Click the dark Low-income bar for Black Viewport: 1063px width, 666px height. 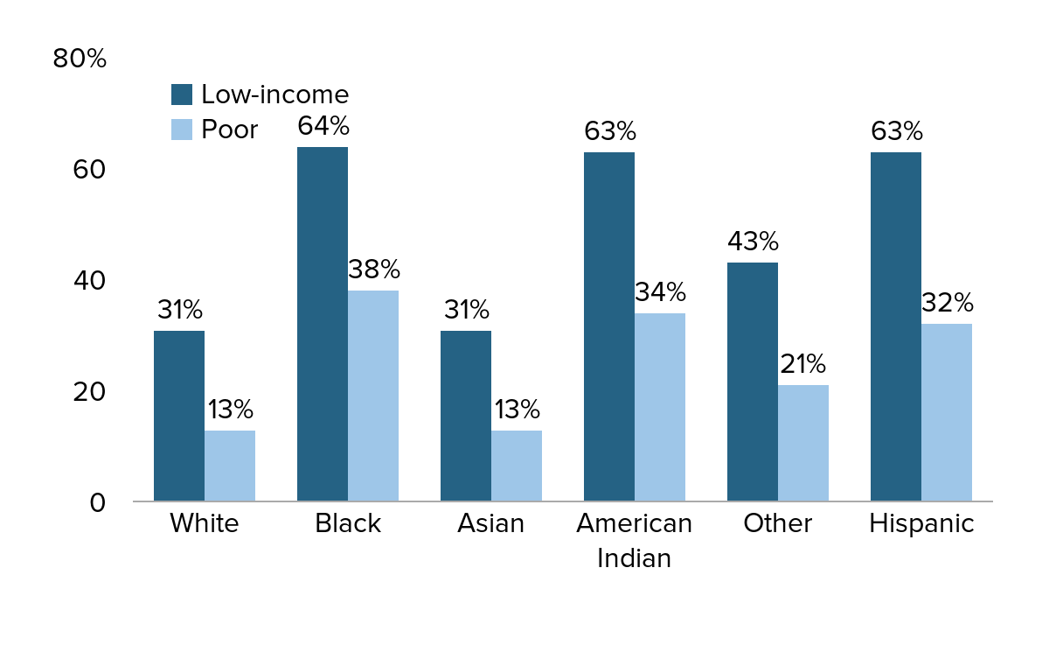[x=322, y=324]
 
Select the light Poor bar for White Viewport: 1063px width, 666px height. [x=230, y=466]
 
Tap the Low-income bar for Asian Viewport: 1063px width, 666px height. [x=465, y=416]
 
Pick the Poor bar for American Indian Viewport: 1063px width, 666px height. [x=660, y=407]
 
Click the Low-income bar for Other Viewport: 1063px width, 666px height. [x=752, y=382]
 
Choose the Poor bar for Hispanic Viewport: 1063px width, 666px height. [x=947, y=412]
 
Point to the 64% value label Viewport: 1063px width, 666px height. [x=323, y=126]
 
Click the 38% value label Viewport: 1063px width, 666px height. [x=373, y=270]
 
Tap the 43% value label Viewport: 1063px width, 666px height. [x=753, y=242]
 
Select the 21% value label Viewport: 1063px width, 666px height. [x=802, y=364]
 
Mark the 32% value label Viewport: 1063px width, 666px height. [x=947, y=303]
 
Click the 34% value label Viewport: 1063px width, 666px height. [x=660, y=292]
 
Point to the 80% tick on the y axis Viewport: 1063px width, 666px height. [x=80, y=59]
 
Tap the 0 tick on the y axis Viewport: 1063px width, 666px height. [x=97, y=502]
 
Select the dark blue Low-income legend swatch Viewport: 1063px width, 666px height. [x=181, y=95]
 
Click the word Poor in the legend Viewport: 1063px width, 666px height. [x=229, y=130]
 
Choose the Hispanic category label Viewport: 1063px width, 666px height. [x=921, y=523]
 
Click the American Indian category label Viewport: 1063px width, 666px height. [x=634, y=540]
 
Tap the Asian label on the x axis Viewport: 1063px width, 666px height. [x=490, y=523]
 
